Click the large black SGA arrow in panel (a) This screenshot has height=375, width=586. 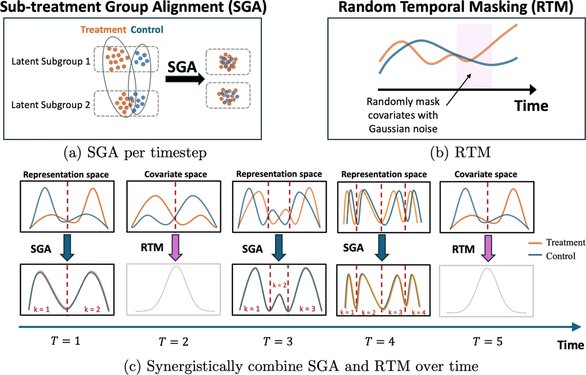click(x=183, y=82)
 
